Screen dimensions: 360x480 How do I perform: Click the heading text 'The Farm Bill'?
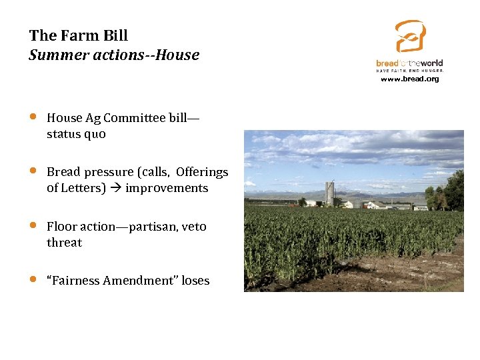[79, 35]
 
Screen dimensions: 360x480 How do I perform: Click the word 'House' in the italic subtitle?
[179, 55]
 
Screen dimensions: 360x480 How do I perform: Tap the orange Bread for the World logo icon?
[409, 36]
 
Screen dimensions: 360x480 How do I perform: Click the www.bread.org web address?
[410, 79]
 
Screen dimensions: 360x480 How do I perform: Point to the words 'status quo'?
[76, 134]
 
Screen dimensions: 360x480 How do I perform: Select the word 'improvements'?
[167, 188]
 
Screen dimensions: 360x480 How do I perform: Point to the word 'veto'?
[194, 227]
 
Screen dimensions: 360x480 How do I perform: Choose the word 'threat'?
[64, 243]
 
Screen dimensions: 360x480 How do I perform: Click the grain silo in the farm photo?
[329, 193]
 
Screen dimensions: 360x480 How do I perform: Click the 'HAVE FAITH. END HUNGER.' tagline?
[410, 70]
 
